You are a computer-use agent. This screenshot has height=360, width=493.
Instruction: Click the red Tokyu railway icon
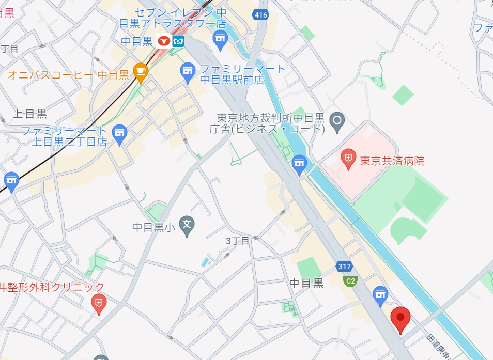164,41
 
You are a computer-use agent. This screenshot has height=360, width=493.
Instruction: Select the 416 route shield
261,15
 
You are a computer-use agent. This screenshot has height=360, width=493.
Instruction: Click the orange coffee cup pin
140,72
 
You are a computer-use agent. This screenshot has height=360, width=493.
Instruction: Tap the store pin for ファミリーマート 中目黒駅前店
187,72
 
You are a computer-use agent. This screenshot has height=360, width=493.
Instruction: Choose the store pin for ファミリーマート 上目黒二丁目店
120,134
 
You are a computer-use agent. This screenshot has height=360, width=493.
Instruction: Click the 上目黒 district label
30,114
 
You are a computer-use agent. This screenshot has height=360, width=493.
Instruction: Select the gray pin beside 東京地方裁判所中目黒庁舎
337,122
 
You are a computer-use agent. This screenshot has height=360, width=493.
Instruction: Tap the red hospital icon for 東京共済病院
349,156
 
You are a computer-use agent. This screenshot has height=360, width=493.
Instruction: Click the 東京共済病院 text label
392,161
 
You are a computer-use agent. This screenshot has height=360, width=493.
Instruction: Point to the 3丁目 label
238,241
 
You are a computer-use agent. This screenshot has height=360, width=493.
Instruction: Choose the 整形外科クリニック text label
52,287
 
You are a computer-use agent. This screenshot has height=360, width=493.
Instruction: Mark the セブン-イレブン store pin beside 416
221,40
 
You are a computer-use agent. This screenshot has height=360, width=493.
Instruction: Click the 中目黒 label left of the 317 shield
306,283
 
